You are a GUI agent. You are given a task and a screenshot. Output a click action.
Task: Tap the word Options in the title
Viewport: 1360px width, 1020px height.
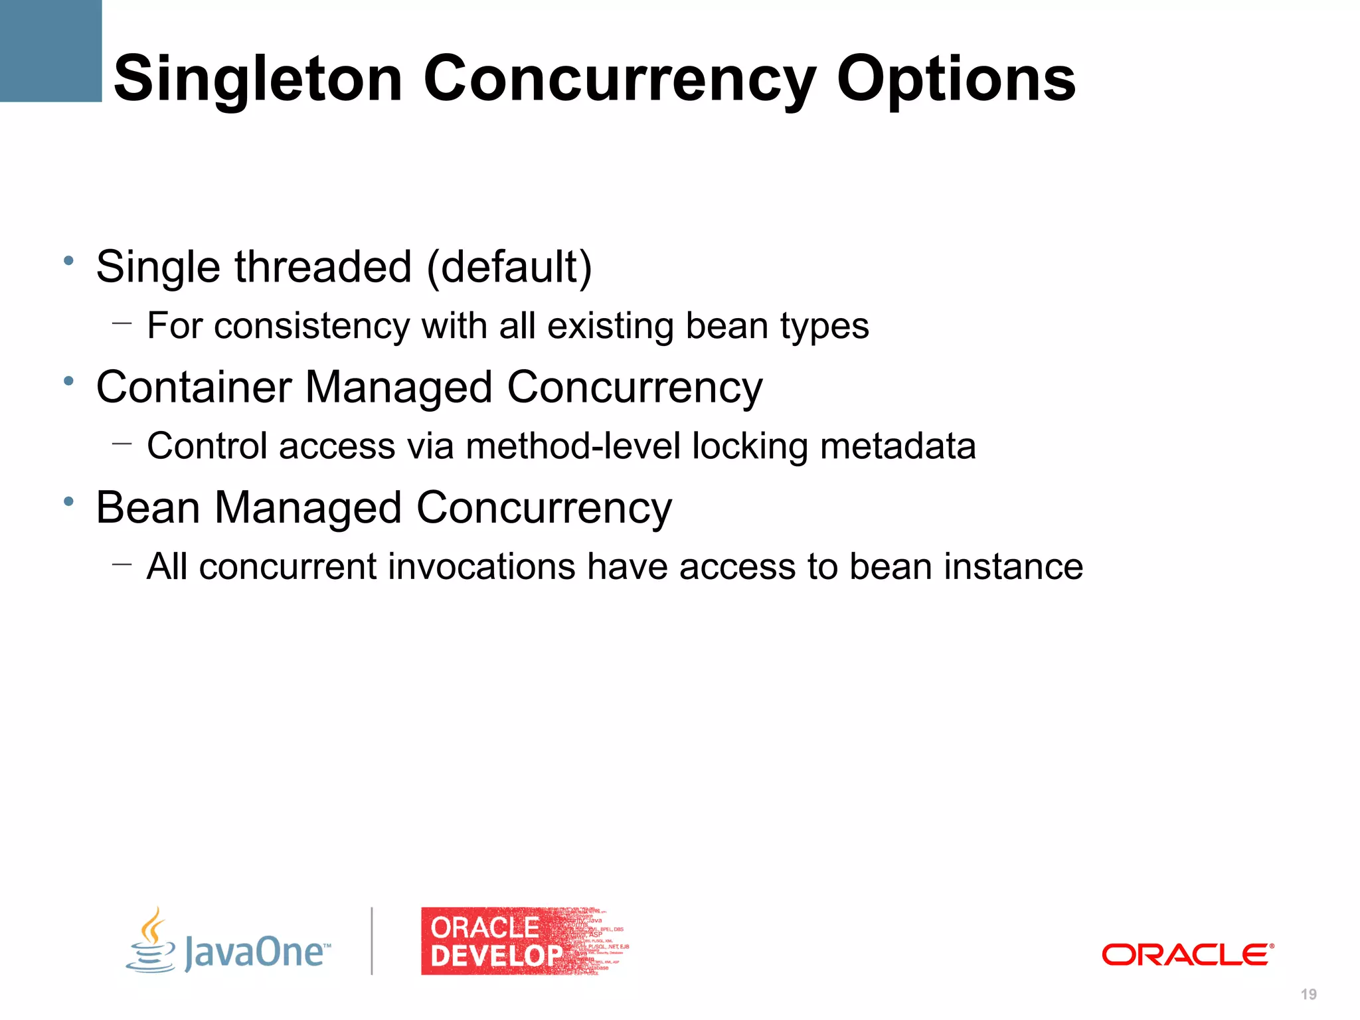(x=956, y=80)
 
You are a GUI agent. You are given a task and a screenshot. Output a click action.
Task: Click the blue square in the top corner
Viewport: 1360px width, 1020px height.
(x=50, y=50)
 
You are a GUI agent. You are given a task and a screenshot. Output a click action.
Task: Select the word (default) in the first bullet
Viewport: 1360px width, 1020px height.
(x=509, y=267)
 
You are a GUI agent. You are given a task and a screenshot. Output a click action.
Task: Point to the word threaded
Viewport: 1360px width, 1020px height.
(x=323, y=267)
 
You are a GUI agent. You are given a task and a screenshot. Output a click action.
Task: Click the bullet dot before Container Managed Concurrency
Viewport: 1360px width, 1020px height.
(x=68, y=381)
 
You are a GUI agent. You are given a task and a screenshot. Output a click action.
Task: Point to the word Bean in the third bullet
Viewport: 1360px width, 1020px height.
(x=147, y=508)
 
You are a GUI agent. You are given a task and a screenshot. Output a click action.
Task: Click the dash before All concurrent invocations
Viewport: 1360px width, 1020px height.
(x=122, y=564)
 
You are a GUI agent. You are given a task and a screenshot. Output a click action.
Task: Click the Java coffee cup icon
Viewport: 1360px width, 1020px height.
(x=151, y=941)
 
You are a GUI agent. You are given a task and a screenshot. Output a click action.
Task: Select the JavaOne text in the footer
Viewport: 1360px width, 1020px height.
(x=256, y=952)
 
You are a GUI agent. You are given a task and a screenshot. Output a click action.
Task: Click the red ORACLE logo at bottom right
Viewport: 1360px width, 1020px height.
(x=1187, y=954)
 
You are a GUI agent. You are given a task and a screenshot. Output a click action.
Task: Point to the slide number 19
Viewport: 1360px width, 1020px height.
(x=1308, y=994)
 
